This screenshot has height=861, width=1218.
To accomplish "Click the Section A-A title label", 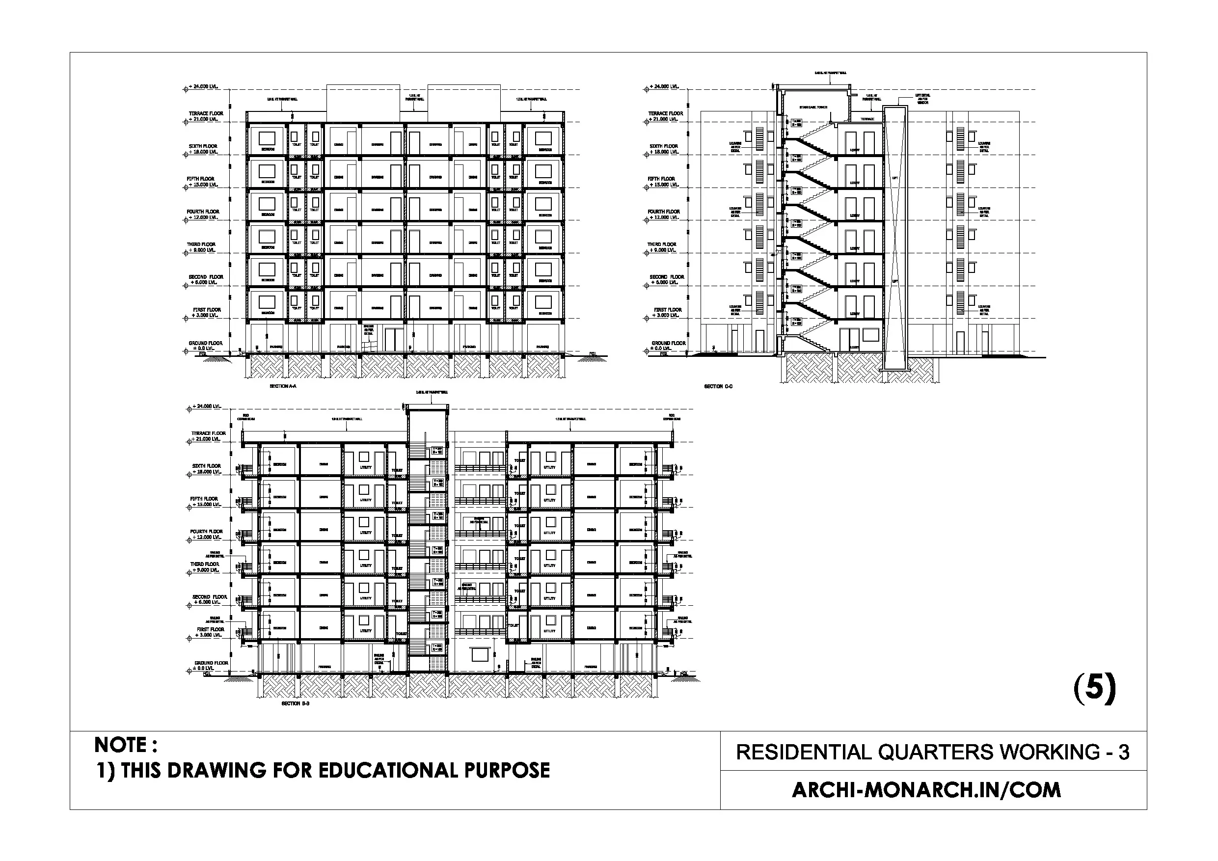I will pyautogui.click(x=283, y=386).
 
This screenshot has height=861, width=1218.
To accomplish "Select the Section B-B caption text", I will pyautogui.click(x=295, y=703).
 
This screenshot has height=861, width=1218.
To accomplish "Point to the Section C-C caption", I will pyautogui.click(x=718, y=386).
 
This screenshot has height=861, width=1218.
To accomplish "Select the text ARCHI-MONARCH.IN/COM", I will pyautogui.click(x=926, y=790).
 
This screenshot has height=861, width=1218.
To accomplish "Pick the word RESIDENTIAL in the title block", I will pyautogui.click(x=803, y=752).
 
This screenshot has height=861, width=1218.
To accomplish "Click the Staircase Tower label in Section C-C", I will pyautogui.click(x=813, y=107).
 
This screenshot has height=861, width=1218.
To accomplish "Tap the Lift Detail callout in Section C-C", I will pyautogui.click(x=922, y=99).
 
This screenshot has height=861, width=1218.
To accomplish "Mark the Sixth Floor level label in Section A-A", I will pyautogui.click(x=203, y=146).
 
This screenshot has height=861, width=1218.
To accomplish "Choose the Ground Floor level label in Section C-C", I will pyautogui.click(x=669, y=343).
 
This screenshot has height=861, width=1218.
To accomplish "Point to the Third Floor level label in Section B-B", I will pyautogui.click(x=205, y=565).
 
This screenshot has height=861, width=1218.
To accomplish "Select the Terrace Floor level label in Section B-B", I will pyautogui.click(x=209, y=433).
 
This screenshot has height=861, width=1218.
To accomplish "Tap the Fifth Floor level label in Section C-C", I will pyautogui.click(x=661, y=179).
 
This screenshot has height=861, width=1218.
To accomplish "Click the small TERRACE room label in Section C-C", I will pyautogui.click(x=867, y=119).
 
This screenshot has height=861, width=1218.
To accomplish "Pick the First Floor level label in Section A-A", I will pyautogui.click(x=207, y=310).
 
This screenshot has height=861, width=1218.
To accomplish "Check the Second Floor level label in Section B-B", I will pyautogui.click(x=210, y=597).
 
